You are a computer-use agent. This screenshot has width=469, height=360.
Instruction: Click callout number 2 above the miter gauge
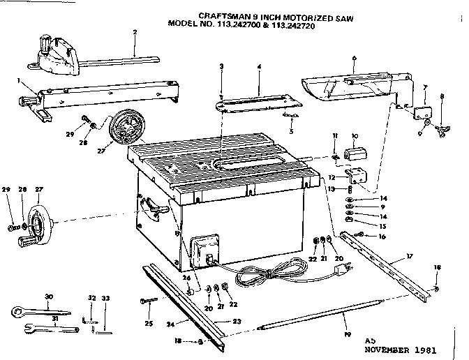(x=134, y=32)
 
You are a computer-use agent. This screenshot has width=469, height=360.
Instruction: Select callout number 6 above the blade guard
(x=355, y=59)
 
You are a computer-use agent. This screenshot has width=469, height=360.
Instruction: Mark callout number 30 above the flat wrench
(x=48, y=297)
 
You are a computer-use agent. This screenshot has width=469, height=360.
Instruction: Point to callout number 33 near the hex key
(x=105, y=299)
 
